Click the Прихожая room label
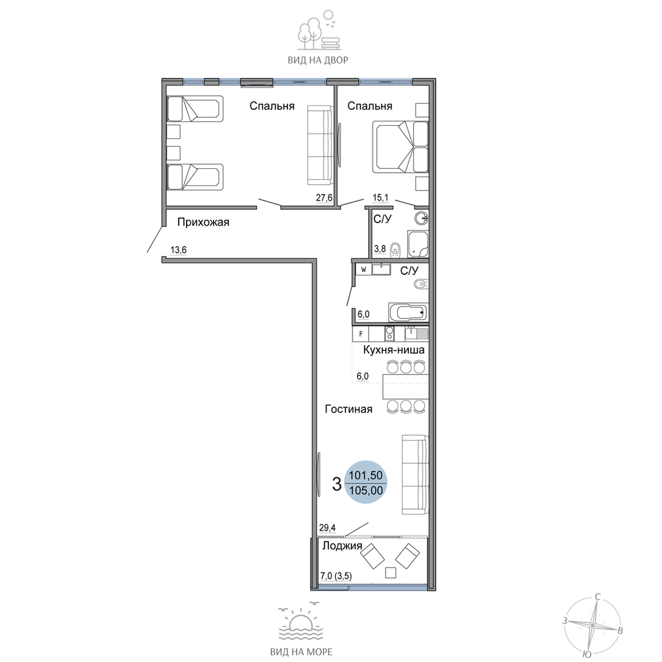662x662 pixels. pyautogui.click(x=203, y=222)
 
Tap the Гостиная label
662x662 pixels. pyautogui.click(x=348, y=409)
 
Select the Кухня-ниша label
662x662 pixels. pyautogui.click(x=393, y=350)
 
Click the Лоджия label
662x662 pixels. pyautogui.click(x=342, y=546)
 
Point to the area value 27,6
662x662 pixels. pyautogui.click(x=324, y=197)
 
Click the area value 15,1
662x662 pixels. pyautogui.click(x=381, y=197)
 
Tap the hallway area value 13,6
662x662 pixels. pyautogui.click(x=178, y=250)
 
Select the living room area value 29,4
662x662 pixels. pyautogui.click(x=327, y=528)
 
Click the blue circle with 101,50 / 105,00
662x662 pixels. pyautogui.click(x=365, y=482)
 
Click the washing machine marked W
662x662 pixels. pyautogui.click(x=363, y=269)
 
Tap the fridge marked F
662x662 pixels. pyautogui.click(x=361, y=334)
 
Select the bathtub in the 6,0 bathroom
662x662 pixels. pyautogui.click(x=408, y=313)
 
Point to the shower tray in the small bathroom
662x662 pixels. pyautogui.click(x=418, y=244)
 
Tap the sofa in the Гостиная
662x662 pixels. pyautogui.click(x=415, y=475)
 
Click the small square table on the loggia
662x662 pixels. pyautogui.click(x=391, y=573)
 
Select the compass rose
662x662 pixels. pyautogui.click(x=592, y=624)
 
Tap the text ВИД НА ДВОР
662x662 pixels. pyautogui.click(x=318, y=60)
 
